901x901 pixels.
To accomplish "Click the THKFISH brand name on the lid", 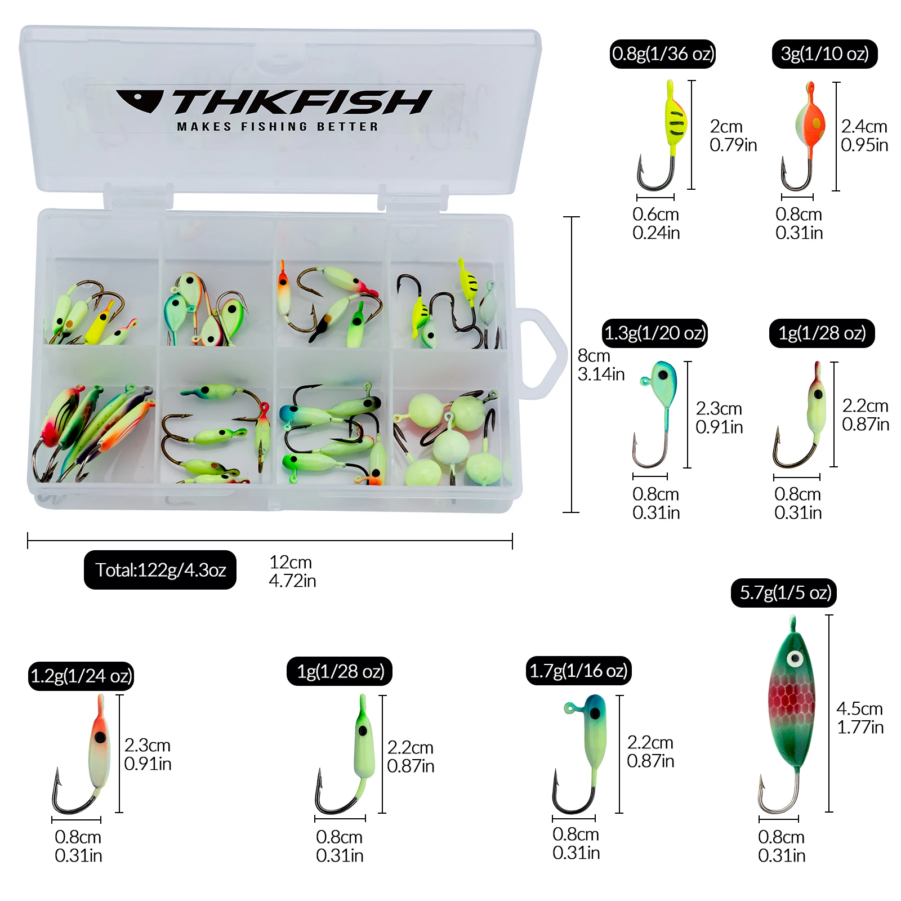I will tap(302, 102).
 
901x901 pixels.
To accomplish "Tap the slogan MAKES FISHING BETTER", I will tap(278, 127).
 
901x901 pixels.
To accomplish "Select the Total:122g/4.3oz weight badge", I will tap(160, 570).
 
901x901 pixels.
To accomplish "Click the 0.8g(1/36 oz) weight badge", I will tap(663, 54).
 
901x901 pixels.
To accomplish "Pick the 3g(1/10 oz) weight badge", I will tap(824, 54).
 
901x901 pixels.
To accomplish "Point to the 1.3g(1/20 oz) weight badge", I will tap(654, 333).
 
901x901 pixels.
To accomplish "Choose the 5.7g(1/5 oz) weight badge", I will tap(784, 592).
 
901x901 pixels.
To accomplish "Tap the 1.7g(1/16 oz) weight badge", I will tap(578, 671).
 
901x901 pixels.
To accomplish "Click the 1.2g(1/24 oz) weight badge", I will tap(81, 676).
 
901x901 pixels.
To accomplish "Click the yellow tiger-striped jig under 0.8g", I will tap(675, 121).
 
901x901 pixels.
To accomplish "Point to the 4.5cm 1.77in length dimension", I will tap(859, 717).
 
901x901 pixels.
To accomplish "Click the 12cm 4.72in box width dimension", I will tap(292, 571).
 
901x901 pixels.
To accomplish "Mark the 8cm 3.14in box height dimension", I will tap(601, 365).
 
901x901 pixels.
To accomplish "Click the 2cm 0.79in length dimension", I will tap(733, 136).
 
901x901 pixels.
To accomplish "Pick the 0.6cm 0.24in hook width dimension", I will tap(656, 223).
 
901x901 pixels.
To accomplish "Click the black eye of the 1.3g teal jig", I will tap(663, 375).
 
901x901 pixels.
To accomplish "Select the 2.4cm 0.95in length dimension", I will tap(864, 136).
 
